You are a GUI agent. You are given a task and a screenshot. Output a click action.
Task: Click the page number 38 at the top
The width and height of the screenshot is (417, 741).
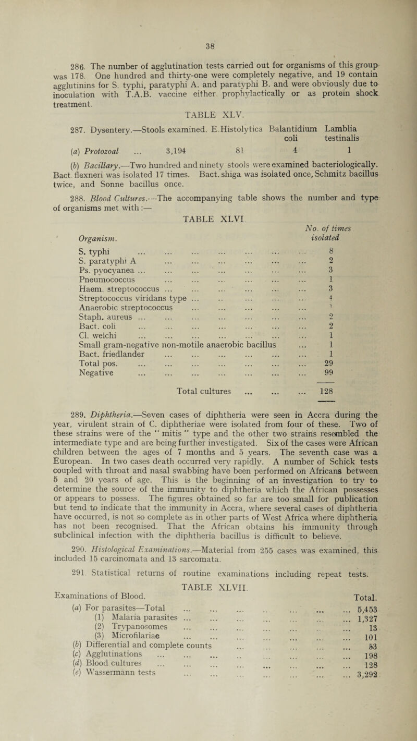[207, 30]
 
